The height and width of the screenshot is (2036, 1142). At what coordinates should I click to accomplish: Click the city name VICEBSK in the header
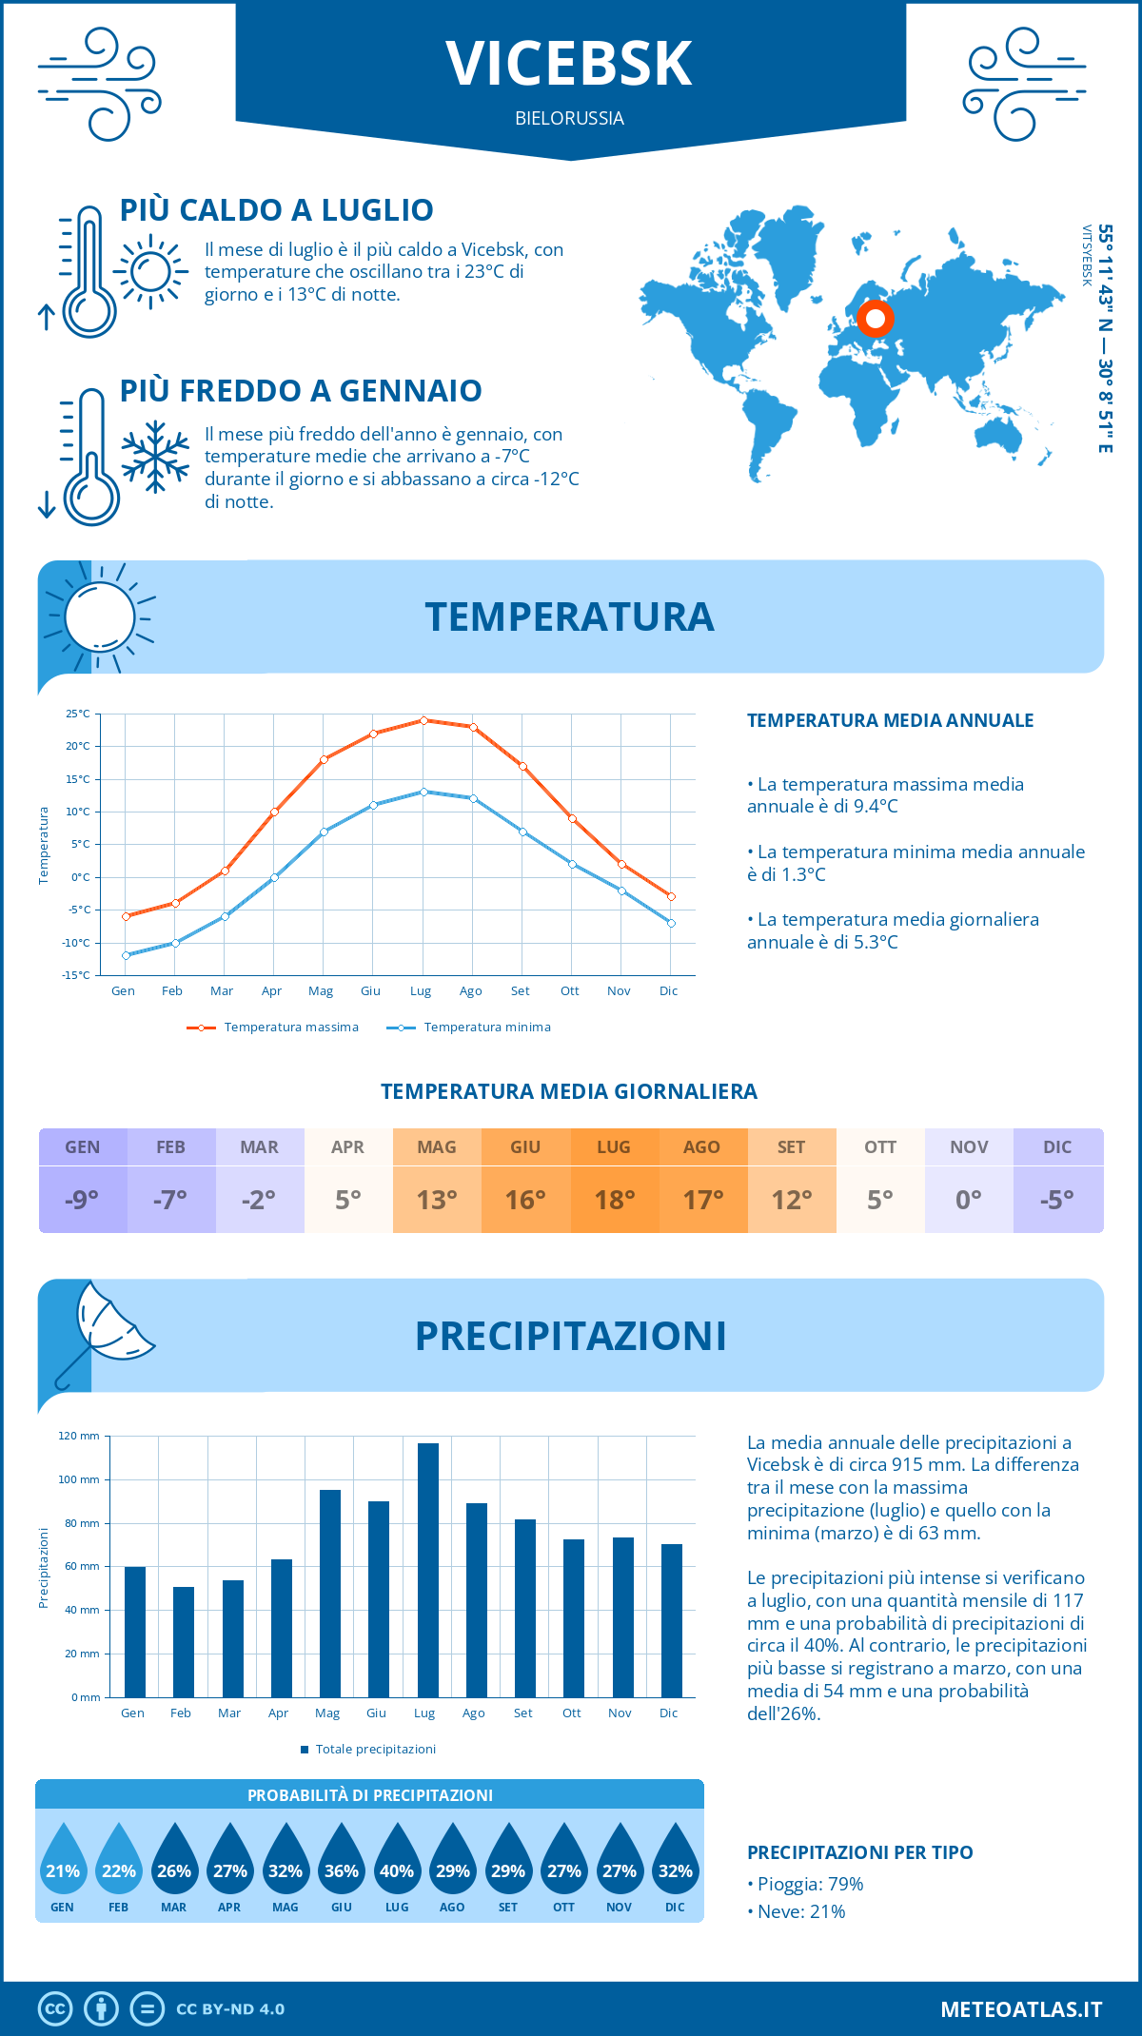(x=569, y=64)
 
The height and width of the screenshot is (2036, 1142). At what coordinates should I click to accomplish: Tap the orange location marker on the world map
(x=875, y=320)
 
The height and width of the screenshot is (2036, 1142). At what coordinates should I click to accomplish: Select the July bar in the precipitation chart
(x=427, y=1570)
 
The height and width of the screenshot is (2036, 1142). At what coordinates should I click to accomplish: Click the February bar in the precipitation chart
(x=184, y=1641)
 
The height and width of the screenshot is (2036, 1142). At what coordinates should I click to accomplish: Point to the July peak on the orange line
(x=423, y=720)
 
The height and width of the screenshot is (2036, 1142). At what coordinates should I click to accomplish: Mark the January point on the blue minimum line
(x=126, y=955)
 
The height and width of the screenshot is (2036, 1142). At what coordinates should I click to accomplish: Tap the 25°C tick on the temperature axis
(x=78, y=714)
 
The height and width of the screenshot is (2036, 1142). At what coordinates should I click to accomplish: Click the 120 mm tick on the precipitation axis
(x=79, y=1436)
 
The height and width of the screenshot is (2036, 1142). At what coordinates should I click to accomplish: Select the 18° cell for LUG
(x=614, y=1200)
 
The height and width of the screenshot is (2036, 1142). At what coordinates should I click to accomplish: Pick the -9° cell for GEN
(x=83, y=1200)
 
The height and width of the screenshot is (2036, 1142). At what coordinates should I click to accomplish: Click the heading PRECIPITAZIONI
(x=570, y=1336)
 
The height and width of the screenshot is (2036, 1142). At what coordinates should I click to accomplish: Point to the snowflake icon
(x=155, y=457)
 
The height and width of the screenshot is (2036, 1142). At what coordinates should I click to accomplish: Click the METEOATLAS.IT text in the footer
(x=1021, y=2009)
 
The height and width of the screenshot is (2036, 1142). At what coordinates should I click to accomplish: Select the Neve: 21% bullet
(x=797, y=1911)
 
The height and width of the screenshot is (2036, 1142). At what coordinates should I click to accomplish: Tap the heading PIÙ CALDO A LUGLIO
(x=277, y=210)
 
